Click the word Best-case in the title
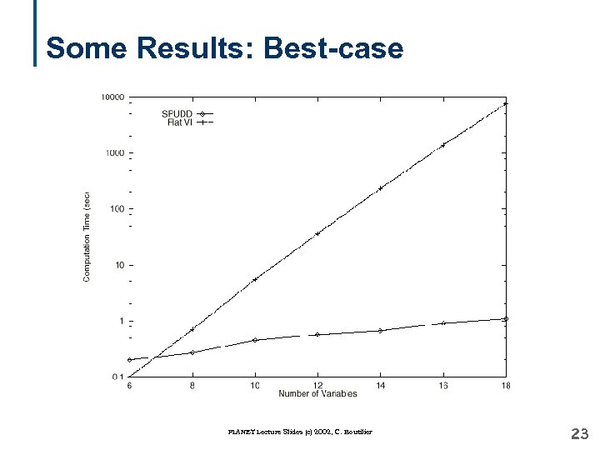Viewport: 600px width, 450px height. click(x=333, y=48)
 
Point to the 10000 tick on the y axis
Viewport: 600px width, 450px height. click(x=112, y=97)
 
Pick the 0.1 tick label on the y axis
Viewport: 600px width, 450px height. click(x=117, y=377)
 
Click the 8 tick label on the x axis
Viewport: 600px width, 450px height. click(x=192, y=385)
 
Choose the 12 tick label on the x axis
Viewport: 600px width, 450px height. click(x=317, y=385)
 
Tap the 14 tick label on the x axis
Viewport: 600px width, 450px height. click(x=380, y=385)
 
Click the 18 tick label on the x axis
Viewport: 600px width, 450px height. click(x=506, y=385)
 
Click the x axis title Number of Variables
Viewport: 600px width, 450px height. click(x=317, y=393)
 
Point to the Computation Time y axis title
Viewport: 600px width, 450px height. click(x=87, y=237)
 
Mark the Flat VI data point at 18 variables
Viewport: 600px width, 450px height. click(x=506, y=104)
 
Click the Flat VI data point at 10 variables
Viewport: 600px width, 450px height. click(x=255, y=278)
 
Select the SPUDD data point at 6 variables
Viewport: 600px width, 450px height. click(x=130, y=360)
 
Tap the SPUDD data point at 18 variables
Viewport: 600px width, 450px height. click(x=506, y=318)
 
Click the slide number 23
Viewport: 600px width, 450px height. click(x=579, y=433)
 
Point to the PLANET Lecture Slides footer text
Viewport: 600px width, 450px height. click(x=299, y=432)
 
